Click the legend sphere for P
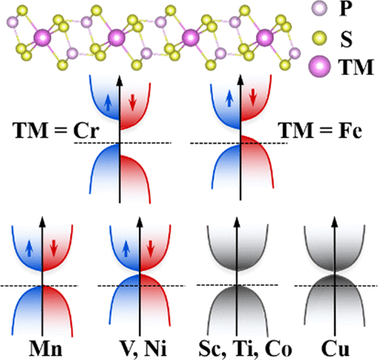[320, 8]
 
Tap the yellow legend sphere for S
[320, 38]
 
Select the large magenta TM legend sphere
[319, 67]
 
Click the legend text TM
[356, 67]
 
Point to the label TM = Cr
[56, 131]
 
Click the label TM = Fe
[321, 131]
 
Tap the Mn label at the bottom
[45, 349]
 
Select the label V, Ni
[143, 349]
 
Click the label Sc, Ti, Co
[245, 349]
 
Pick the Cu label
[335, 349]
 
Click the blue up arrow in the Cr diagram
[108, 104]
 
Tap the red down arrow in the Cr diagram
[132, 104]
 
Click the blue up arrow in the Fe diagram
[229, 99]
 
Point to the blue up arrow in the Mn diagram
[29, 249]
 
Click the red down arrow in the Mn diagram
[54, 249]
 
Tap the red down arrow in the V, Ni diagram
[150, 249]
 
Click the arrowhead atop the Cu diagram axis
[335, 221]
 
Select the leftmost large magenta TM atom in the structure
[42, 38]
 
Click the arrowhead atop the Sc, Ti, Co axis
[237, 221]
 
